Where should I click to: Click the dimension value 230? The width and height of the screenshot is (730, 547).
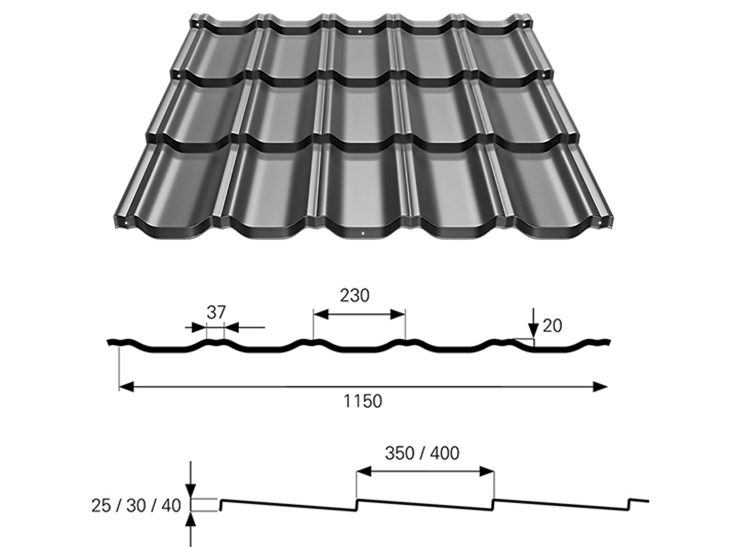[354, 295]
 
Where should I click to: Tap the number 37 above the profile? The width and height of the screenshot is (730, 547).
[215, 312]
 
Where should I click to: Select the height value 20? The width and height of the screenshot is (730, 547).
[552, 326]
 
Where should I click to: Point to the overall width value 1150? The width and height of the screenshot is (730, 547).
[363, 401]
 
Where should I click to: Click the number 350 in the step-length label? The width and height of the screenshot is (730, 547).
[399, 453]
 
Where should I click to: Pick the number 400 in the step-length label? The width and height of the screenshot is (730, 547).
[445, 453]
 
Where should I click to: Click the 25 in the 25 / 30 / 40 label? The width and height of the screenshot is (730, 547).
[101, 505]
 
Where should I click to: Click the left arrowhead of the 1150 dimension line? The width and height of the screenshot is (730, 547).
[126, 387]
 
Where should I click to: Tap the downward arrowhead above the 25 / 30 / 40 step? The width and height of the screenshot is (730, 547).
[191, 490]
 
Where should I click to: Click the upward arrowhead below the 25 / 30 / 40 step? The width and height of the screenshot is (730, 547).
[191, 519]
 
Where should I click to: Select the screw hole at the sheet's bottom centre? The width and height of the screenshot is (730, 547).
[363, 233]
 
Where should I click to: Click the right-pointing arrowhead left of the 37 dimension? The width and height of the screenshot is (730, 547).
[201, 328]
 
